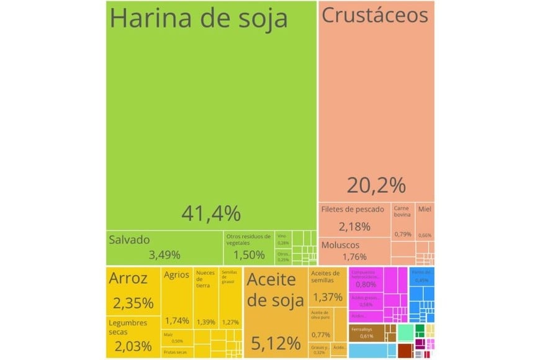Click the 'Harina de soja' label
199,19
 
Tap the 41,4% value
210,213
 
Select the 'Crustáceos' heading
375,16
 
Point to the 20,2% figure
376,184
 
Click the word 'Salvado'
129,239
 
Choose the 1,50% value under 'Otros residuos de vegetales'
249,254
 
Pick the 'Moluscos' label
340,245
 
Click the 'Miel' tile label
425,209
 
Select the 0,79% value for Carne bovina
403,234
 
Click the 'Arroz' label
128,279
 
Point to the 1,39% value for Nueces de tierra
206,322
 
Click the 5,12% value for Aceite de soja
275,342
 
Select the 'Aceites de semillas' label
325,277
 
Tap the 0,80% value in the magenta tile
366,284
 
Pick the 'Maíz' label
169,335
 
